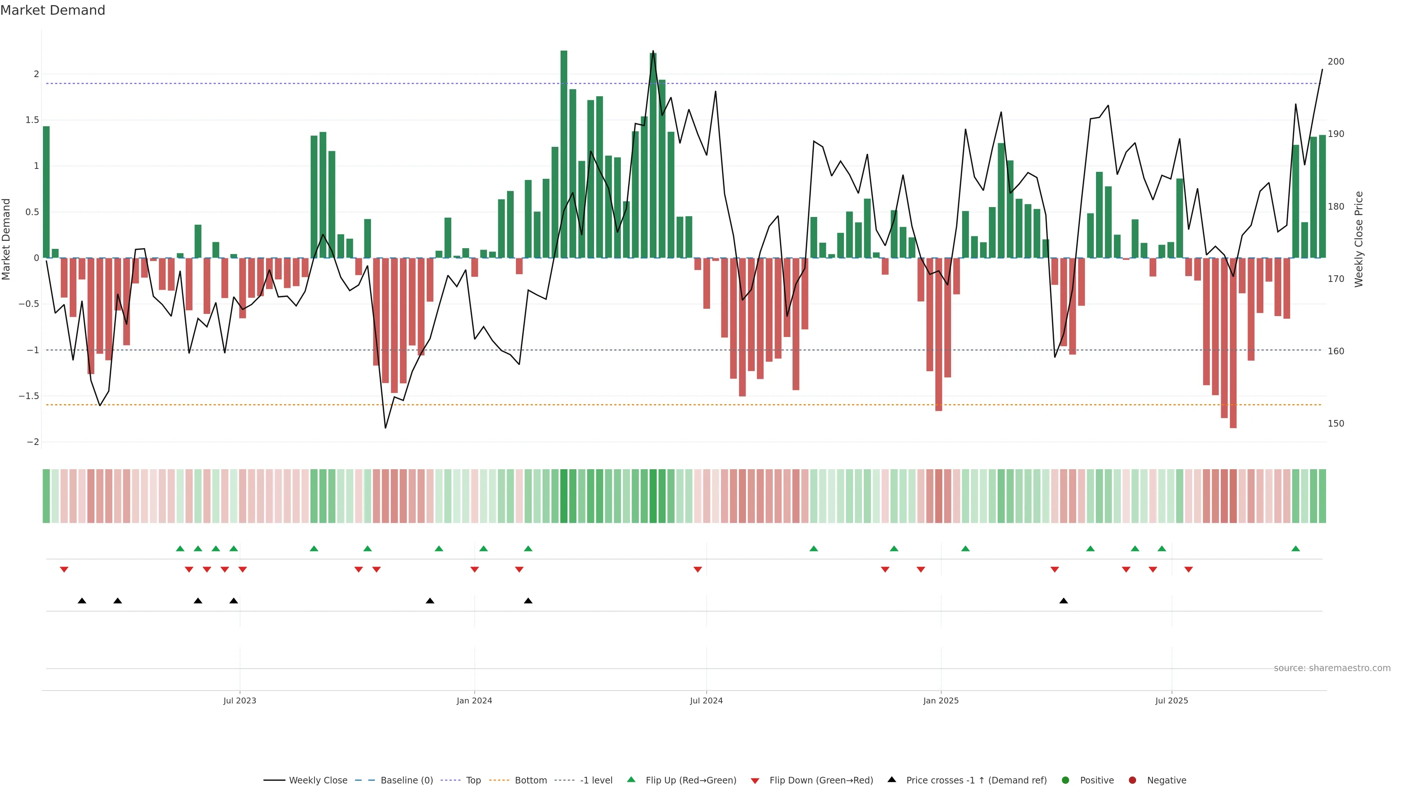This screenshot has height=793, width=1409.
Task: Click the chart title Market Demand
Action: pyautogui.click(x=52, y=10)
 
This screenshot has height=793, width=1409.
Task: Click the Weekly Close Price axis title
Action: pyautogui.click(x=1359, y=239)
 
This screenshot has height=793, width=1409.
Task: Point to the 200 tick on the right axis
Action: pyautogui.click(x=1336, y=62)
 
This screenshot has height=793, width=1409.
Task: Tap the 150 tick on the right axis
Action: pyautogui.click(x=1336, y=424)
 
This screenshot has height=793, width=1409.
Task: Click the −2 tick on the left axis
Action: pyautogui.click(x=33, y=442)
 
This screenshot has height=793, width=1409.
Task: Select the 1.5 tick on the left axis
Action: pyautogui.click(x=32, y=120)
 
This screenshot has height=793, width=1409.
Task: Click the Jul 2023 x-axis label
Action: pyautogui.click(x=240, y=700)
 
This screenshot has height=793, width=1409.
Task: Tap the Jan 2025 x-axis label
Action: pyautogui.click(x=941, y=700)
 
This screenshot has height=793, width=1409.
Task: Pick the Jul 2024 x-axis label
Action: pyautogui.click(x=706, y=700)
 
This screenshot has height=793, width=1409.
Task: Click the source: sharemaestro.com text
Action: pyautogui.click(x=1332, y=668)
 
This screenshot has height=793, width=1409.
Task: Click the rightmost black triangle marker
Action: pyautogui.click(x=1063, y=601)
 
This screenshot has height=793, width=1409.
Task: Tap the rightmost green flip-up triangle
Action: pyautogui.click(x=1295, y=549)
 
